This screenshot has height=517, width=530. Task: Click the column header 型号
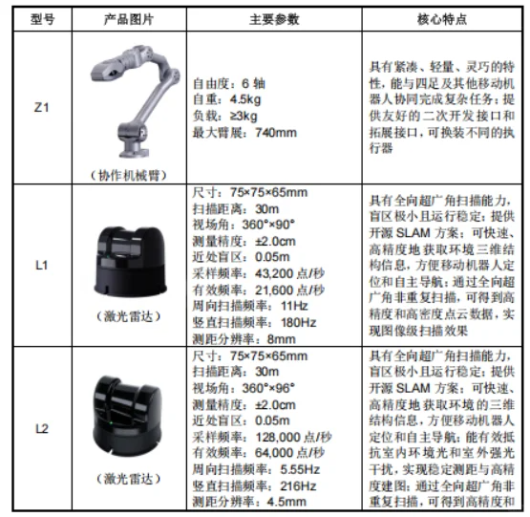42,19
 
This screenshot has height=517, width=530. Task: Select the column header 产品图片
129,19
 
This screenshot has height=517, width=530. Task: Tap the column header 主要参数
274,19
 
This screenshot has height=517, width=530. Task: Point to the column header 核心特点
442,19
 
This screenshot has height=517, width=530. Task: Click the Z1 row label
42,108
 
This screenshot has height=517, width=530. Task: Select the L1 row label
42,266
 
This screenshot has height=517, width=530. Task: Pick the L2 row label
42,429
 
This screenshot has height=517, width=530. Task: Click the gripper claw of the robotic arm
105,71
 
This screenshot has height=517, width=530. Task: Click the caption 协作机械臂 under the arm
129,175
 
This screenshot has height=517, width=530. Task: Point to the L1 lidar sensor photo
130,262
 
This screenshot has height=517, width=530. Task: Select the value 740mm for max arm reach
276,132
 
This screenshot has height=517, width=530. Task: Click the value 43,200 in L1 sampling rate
274,273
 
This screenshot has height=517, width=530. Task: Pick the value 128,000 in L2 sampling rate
278,437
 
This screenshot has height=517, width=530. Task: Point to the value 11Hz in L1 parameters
294,306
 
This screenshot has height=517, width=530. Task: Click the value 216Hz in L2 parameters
298,486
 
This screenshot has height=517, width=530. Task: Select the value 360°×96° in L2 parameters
268,388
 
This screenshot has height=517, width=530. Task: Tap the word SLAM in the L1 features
413,233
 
